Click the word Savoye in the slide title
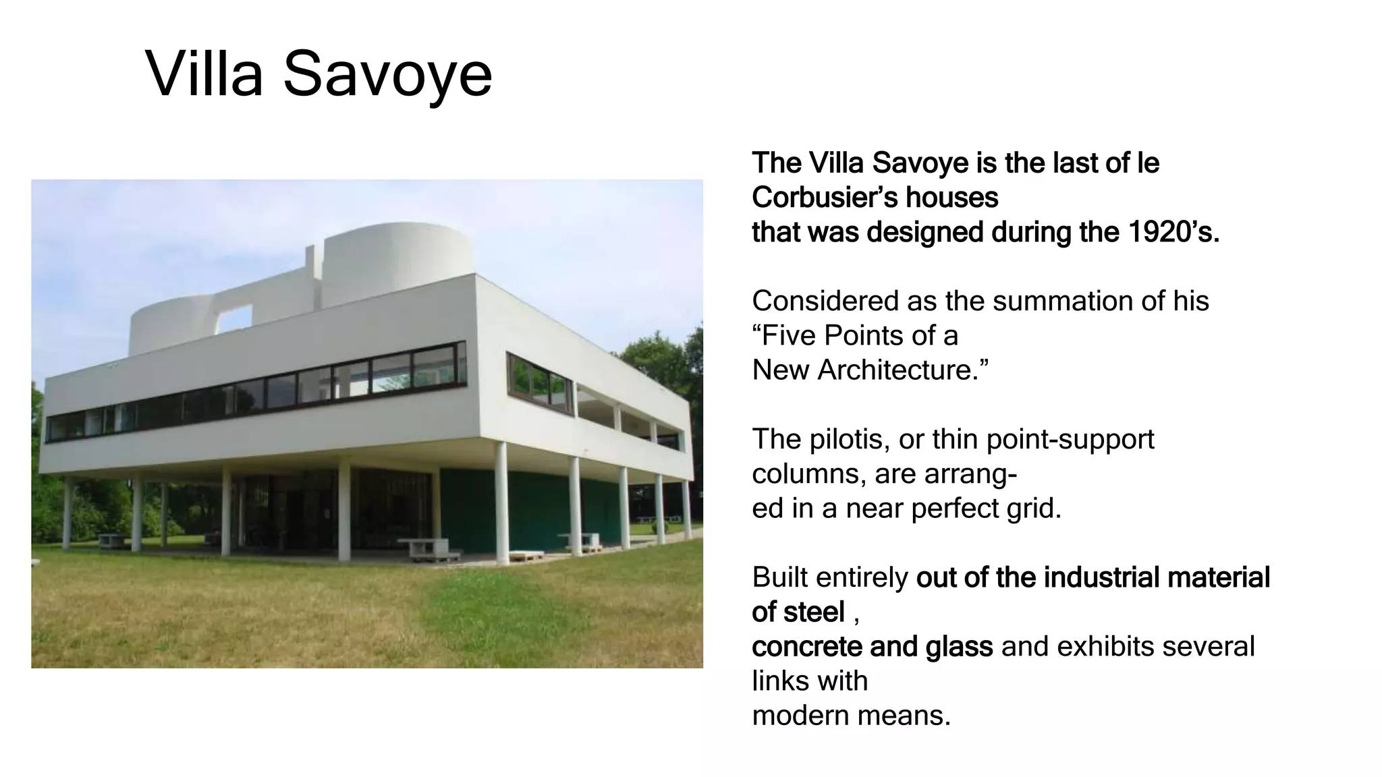[387, 74]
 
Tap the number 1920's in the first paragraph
[1173, 232]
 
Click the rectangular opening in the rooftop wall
[234, 318]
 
